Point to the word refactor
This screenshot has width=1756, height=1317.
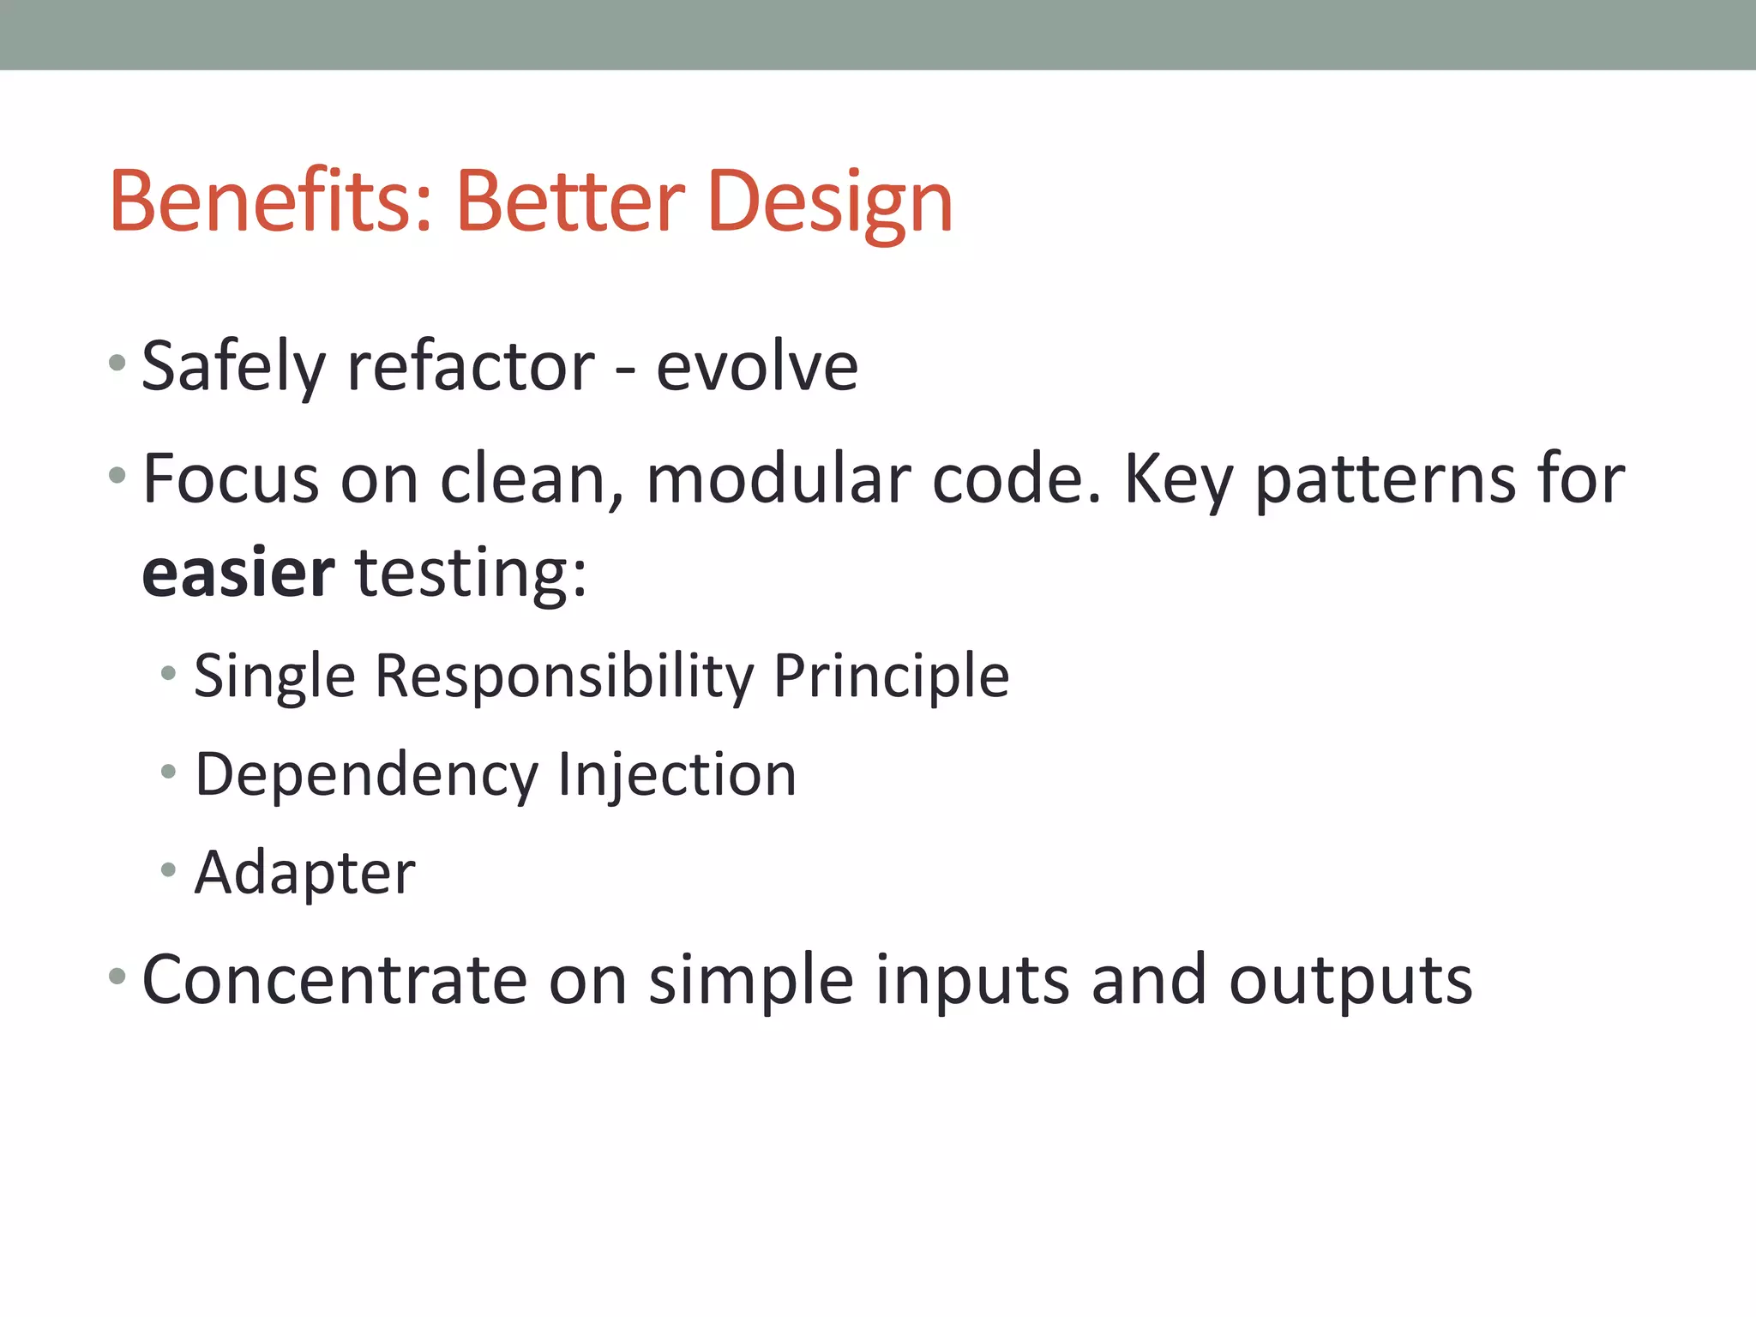(471, 367)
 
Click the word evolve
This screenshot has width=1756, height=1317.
(756, 367)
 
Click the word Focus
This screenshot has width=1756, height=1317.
(231, 478)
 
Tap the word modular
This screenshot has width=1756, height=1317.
(778, 478)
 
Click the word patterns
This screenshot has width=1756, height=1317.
(1385, 478)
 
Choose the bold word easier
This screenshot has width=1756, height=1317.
(238, 573)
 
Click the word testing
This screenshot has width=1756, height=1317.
(471, 573)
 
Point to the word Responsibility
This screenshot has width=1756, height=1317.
(564, 677)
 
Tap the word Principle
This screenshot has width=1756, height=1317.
(892, 677)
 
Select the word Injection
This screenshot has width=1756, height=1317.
(677, 775)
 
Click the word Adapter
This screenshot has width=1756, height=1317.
(305, 873)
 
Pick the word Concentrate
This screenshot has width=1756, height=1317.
(334, 980)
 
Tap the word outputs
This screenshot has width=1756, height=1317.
(1350, 980)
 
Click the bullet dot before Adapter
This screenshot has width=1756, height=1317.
(168, 870)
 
